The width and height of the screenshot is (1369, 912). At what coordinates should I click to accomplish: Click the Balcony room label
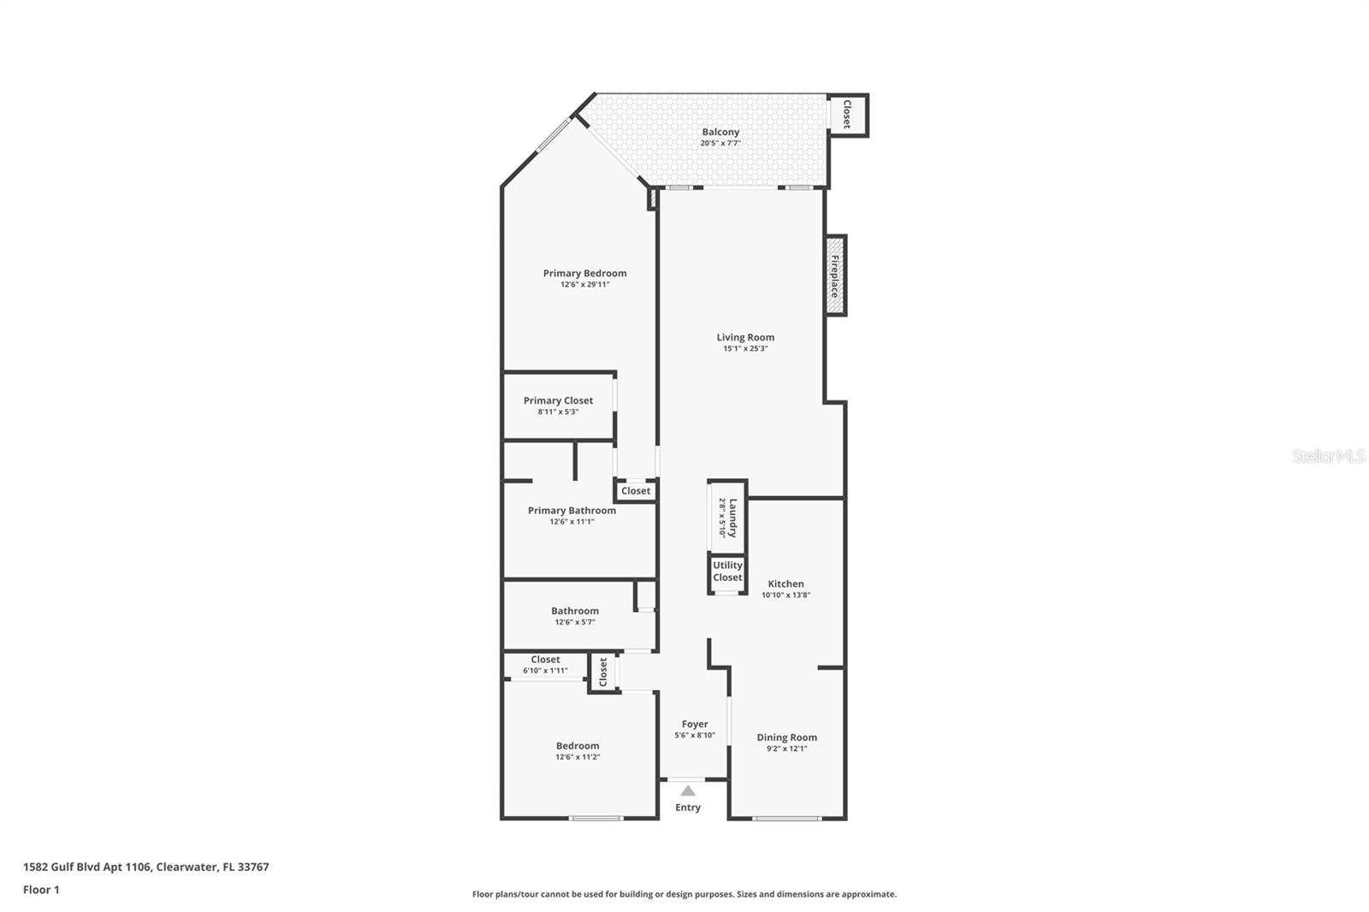point(720,132)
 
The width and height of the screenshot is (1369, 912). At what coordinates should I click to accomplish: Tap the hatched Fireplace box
point(835,275)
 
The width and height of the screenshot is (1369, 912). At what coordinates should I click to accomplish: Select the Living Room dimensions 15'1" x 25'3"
point(745,348)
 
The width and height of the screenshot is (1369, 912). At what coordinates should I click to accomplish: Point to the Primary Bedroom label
point(585,273)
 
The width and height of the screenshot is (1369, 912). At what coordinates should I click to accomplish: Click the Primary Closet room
point(558,406)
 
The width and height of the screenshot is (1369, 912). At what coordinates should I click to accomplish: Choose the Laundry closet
point(727,517)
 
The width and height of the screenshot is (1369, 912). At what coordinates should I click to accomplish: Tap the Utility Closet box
point(727,573)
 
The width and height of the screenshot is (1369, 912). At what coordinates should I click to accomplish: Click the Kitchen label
point(786,583)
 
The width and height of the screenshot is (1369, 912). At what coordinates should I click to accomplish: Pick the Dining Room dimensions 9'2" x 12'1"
point(787,749)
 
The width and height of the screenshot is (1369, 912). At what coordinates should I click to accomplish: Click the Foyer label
point(695,725)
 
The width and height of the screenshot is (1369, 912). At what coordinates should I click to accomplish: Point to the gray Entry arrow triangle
point(688,791)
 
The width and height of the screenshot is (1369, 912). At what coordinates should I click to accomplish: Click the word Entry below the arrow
point(688,808)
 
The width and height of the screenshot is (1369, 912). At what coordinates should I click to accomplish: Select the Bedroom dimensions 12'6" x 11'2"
point(578,757)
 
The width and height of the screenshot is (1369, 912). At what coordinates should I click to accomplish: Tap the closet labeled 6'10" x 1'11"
point(545,665)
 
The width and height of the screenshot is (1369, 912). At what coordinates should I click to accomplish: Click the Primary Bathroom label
point(572,511)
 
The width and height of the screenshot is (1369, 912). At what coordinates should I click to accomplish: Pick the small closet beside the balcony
point(848,115)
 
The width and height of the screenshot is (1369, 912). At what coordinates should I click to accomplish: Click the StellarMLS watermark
point(1328,456)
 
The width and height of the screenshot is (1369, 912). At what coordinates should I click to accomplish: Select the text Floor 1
point(42,890)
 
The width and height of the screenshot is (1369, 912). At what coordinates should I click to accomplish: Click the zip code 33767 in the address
point(253,867)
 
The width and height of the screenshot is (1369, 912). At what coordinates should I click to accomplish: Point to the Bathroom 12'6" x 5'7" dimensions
point(575,622)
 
